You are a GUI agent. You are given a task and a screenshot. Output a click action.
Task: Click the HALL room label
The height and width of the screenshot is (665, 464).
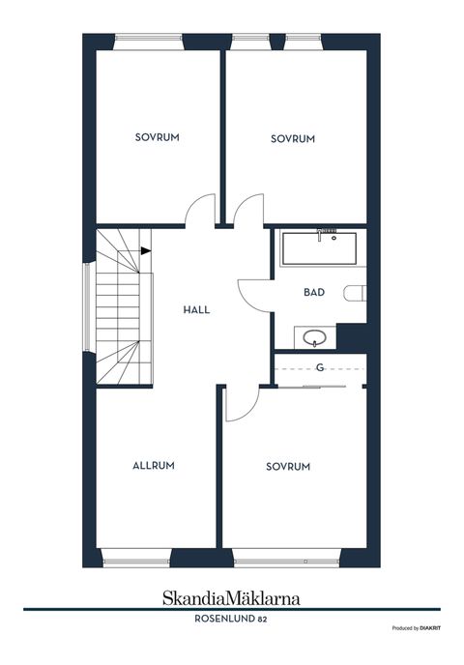pos(196,310)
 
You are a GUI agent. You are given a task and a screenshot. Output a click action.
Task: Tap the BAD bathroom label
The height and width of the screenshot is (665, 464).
pos(314,292)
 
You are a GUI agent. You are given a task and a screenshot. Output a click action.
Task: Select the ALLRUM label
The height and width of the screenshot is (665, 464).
pos(154,466)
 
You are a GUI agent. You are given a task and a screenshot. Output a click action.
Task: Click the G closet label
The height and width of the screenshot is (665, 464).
pos(320,367)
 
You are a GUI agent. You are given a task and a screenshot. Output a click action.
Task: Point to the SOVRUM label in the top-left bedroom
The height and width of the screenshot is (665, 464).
pos(158,137)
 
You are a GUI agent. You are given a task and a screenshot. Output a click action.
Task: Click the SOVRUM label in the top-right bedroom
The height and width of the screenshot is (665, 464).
pos(293,138)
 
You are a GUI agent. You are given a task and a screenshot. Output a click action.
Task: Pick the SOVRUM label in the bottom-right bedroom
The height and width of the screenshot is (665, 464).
pos(288,467)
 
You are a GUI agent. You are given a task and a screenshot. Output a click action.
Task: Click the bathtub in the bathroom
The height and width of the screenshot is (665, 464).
pos(319,248)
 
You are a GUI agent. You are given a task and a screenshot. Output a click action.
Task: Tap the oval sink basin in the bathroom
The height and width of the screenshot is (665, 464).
pos(315,338)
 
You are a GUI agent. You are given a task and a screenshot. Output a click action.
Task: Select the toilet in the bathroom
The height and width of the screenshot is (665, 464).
pos(355,293)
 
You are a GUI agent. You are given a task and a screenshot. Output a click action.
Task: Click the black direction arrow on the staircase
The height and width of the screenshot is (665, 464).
pos(145,251)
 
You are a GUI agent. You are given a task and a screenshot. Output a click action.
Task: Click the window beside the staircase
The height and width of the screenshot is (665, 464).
pos(87,308)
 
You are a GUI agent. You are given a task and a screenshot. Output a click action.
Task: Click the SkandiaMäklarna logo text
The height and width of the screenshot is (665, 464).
pos(231,598)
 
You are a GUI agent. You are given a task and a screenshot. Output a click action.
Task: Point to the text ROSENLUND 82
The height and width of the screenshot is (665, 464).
pos(231,619)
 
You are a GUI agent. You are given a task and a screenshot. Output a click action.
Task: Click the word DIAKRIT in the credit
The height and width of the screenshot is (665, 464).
pos(430,628)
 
